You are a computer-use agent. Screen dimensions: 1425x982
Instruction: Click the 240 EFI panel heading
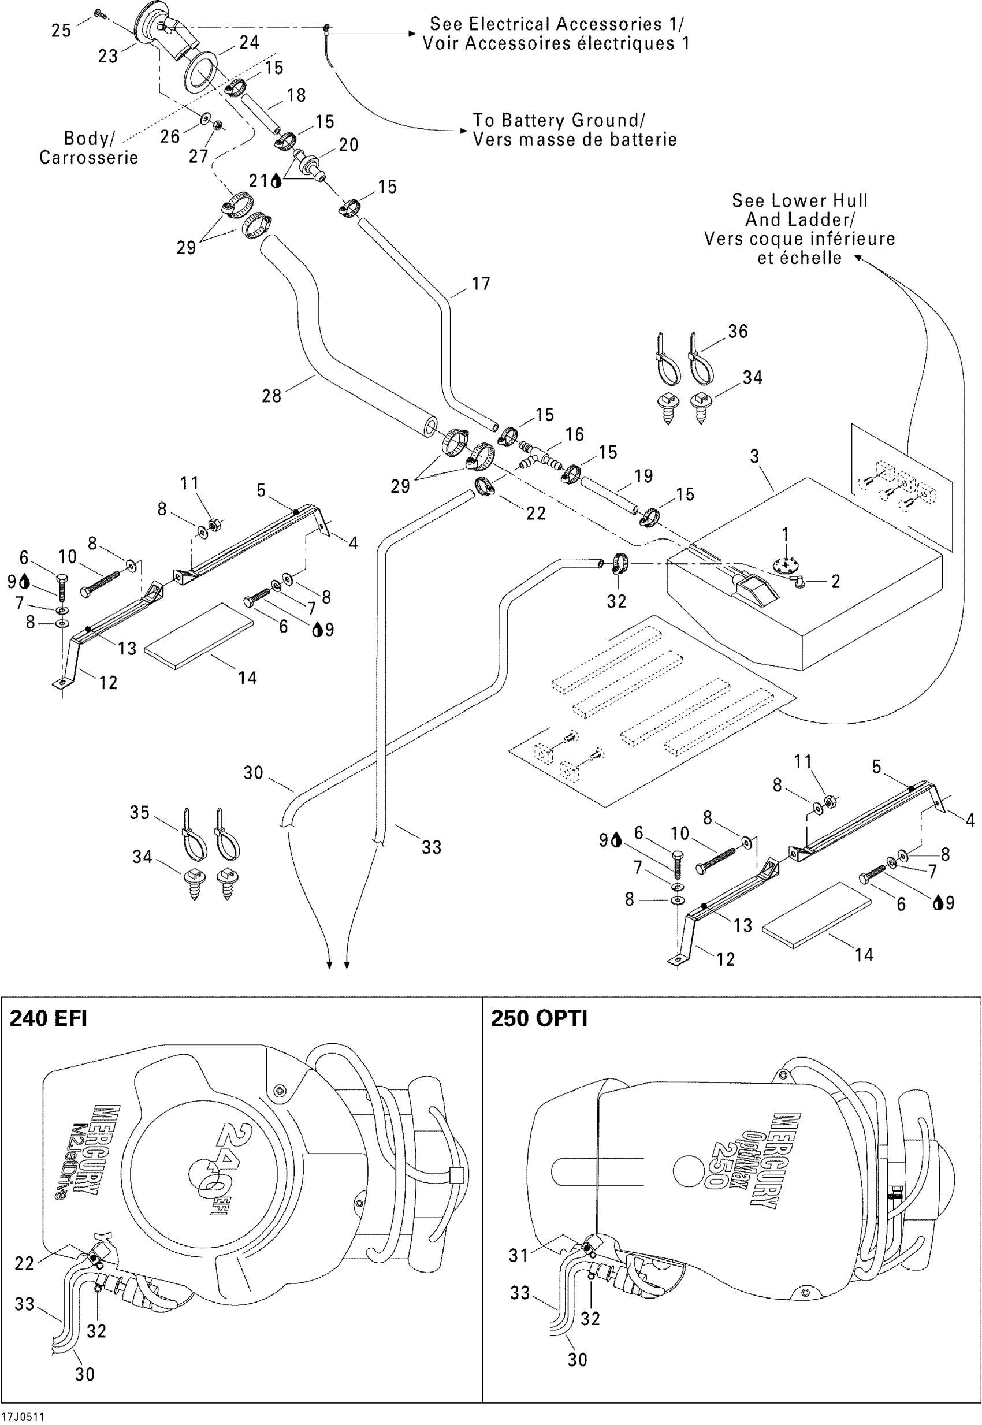click(x=49, y=1019)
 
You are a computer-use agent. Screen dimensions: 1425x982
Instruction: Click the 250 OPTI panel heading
click(x=538, y=1019)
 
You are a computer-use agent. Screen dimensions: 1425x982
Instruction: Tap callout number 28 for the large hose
click(x=271, y=396)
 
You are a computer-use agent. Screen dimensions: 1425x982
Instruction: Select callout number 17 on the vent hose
click(x=481, y=284)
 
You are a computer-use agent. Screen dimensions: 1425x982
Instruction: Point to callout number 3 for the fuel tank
click(x=754, y=456)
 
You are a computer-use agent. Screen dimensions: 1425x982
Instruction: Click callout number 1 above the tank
click(x=785, y=534)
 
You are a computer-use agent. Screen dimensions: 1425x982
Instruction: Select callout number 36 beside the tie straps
click(x=738, y=332)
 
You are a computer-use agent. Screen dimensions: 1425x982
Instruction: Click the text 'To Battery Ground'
click(x=559, y=120)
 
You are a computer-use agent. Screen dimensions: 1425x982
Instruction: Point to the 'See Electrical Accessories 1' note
click(x=556, y=24)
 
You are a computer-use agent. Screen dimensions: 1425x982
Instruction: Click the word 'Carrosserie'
click(x=88, y=158)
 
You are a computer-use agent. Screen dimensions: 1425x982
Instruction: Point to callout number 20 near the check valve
click(x=348, y=144)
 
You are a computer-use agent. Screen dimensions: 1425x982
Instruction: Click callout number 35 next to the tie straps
click(x=139, y=812)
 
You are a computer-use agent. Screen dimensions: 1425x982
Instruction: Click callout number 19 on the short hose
click(x=643, y=475)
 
